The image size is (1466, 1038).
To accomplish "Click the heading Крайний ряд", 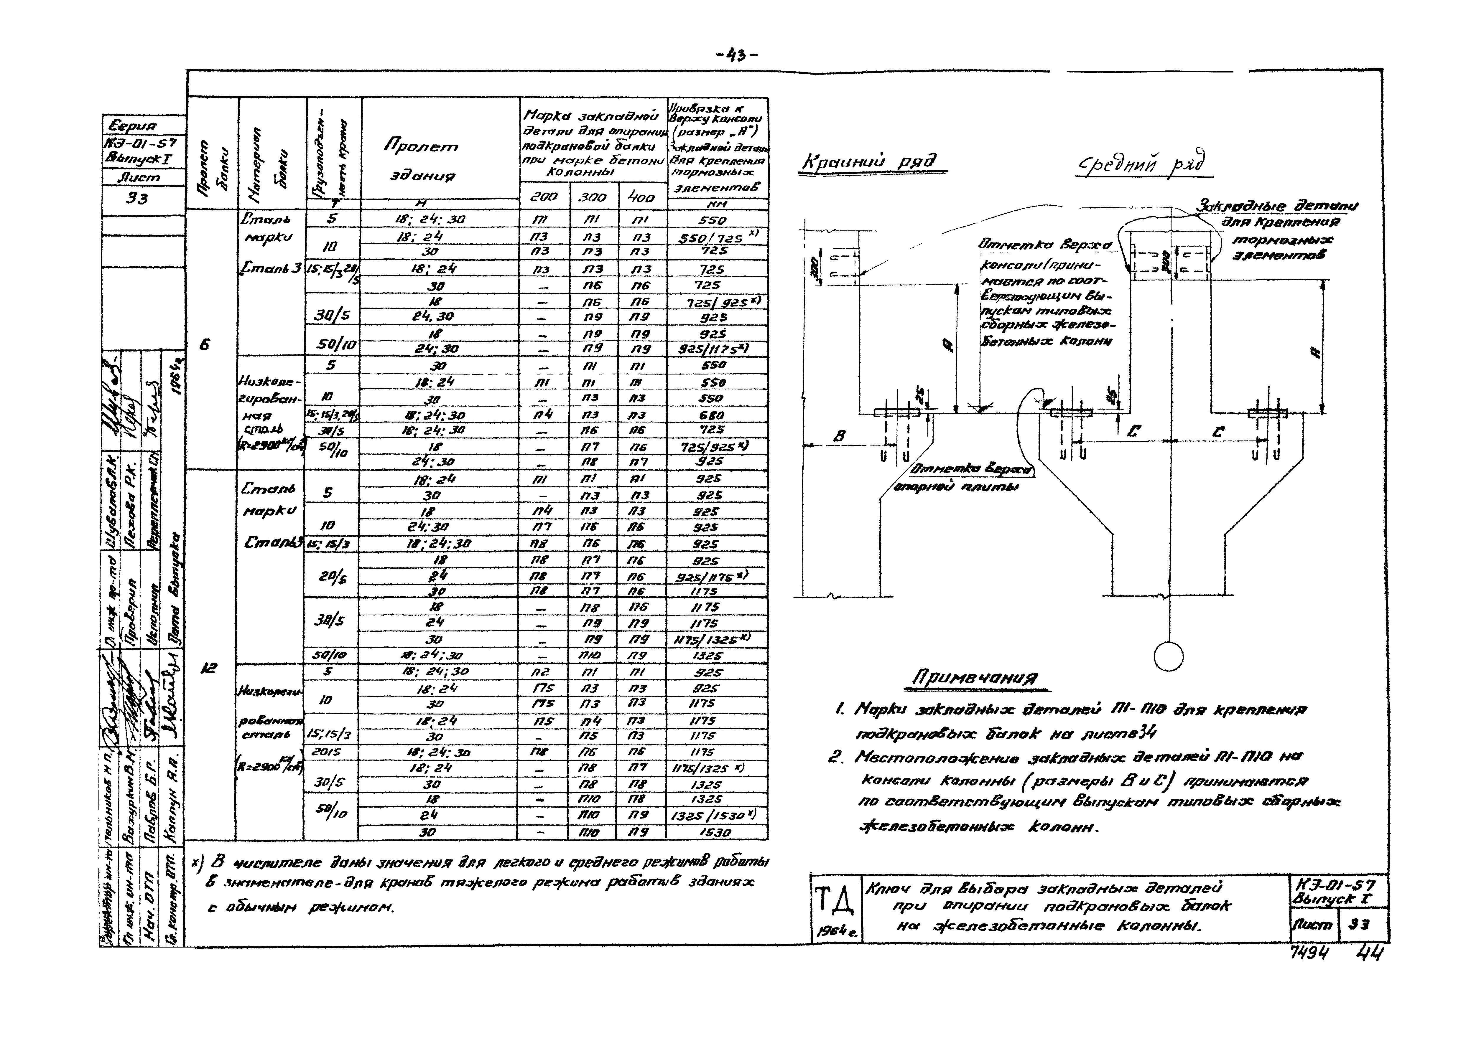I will click(x=873, y=162).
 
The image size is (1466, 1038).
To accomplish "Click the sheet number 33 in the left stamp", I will click(x=137, y=199).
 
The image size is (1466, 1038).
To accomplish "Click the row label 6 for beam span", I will click(x=205, y=345).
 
